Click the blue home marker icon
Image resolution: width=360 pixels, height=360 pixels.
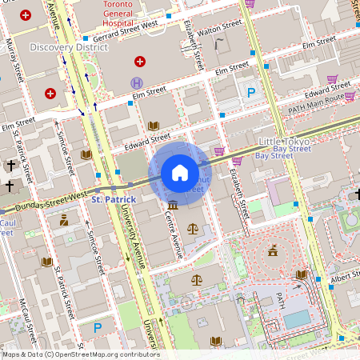(x=180, y=172)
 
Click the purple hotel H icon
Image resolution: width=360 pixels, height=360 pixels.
(x=137, y=82)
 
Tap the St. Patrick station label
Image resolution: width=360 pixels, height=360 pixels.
(x=113, y=198)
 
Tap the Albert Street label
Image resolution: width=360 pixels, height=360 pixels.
(x=344, y=277)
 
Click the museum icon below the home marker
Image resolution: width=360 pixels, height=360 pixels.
(x=172, y=206)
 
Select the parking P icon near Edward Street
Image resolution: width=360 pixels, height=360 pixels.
(x=250, y=94)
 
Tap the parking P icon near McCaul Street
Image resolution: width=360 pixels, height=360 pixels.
(x=98, y=326)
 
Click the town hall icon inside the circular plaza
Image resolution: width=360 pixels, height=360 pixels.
(x=274, y=251)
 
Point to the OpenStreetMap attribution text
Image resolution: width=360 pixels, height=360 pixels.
(x=80, y=354)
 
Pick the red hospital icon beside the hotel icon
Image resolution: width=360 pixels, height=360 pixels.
(x=140, y=62)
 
